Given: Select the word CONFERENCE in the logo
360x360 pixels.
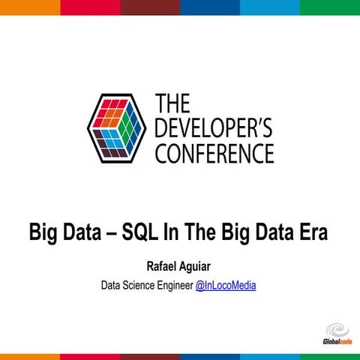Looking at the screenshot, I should coord(214,153).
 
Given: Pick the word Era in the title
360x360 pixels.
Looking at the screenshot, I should coord(312,232).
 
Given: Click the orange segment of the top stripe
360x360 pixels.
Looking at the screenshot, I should coord(30,7).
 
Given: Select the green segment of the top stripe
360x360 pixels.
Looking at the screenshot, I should coord(330,7).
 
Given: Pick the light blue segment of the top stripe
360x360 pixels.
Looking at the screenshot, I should coord(270,7).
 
